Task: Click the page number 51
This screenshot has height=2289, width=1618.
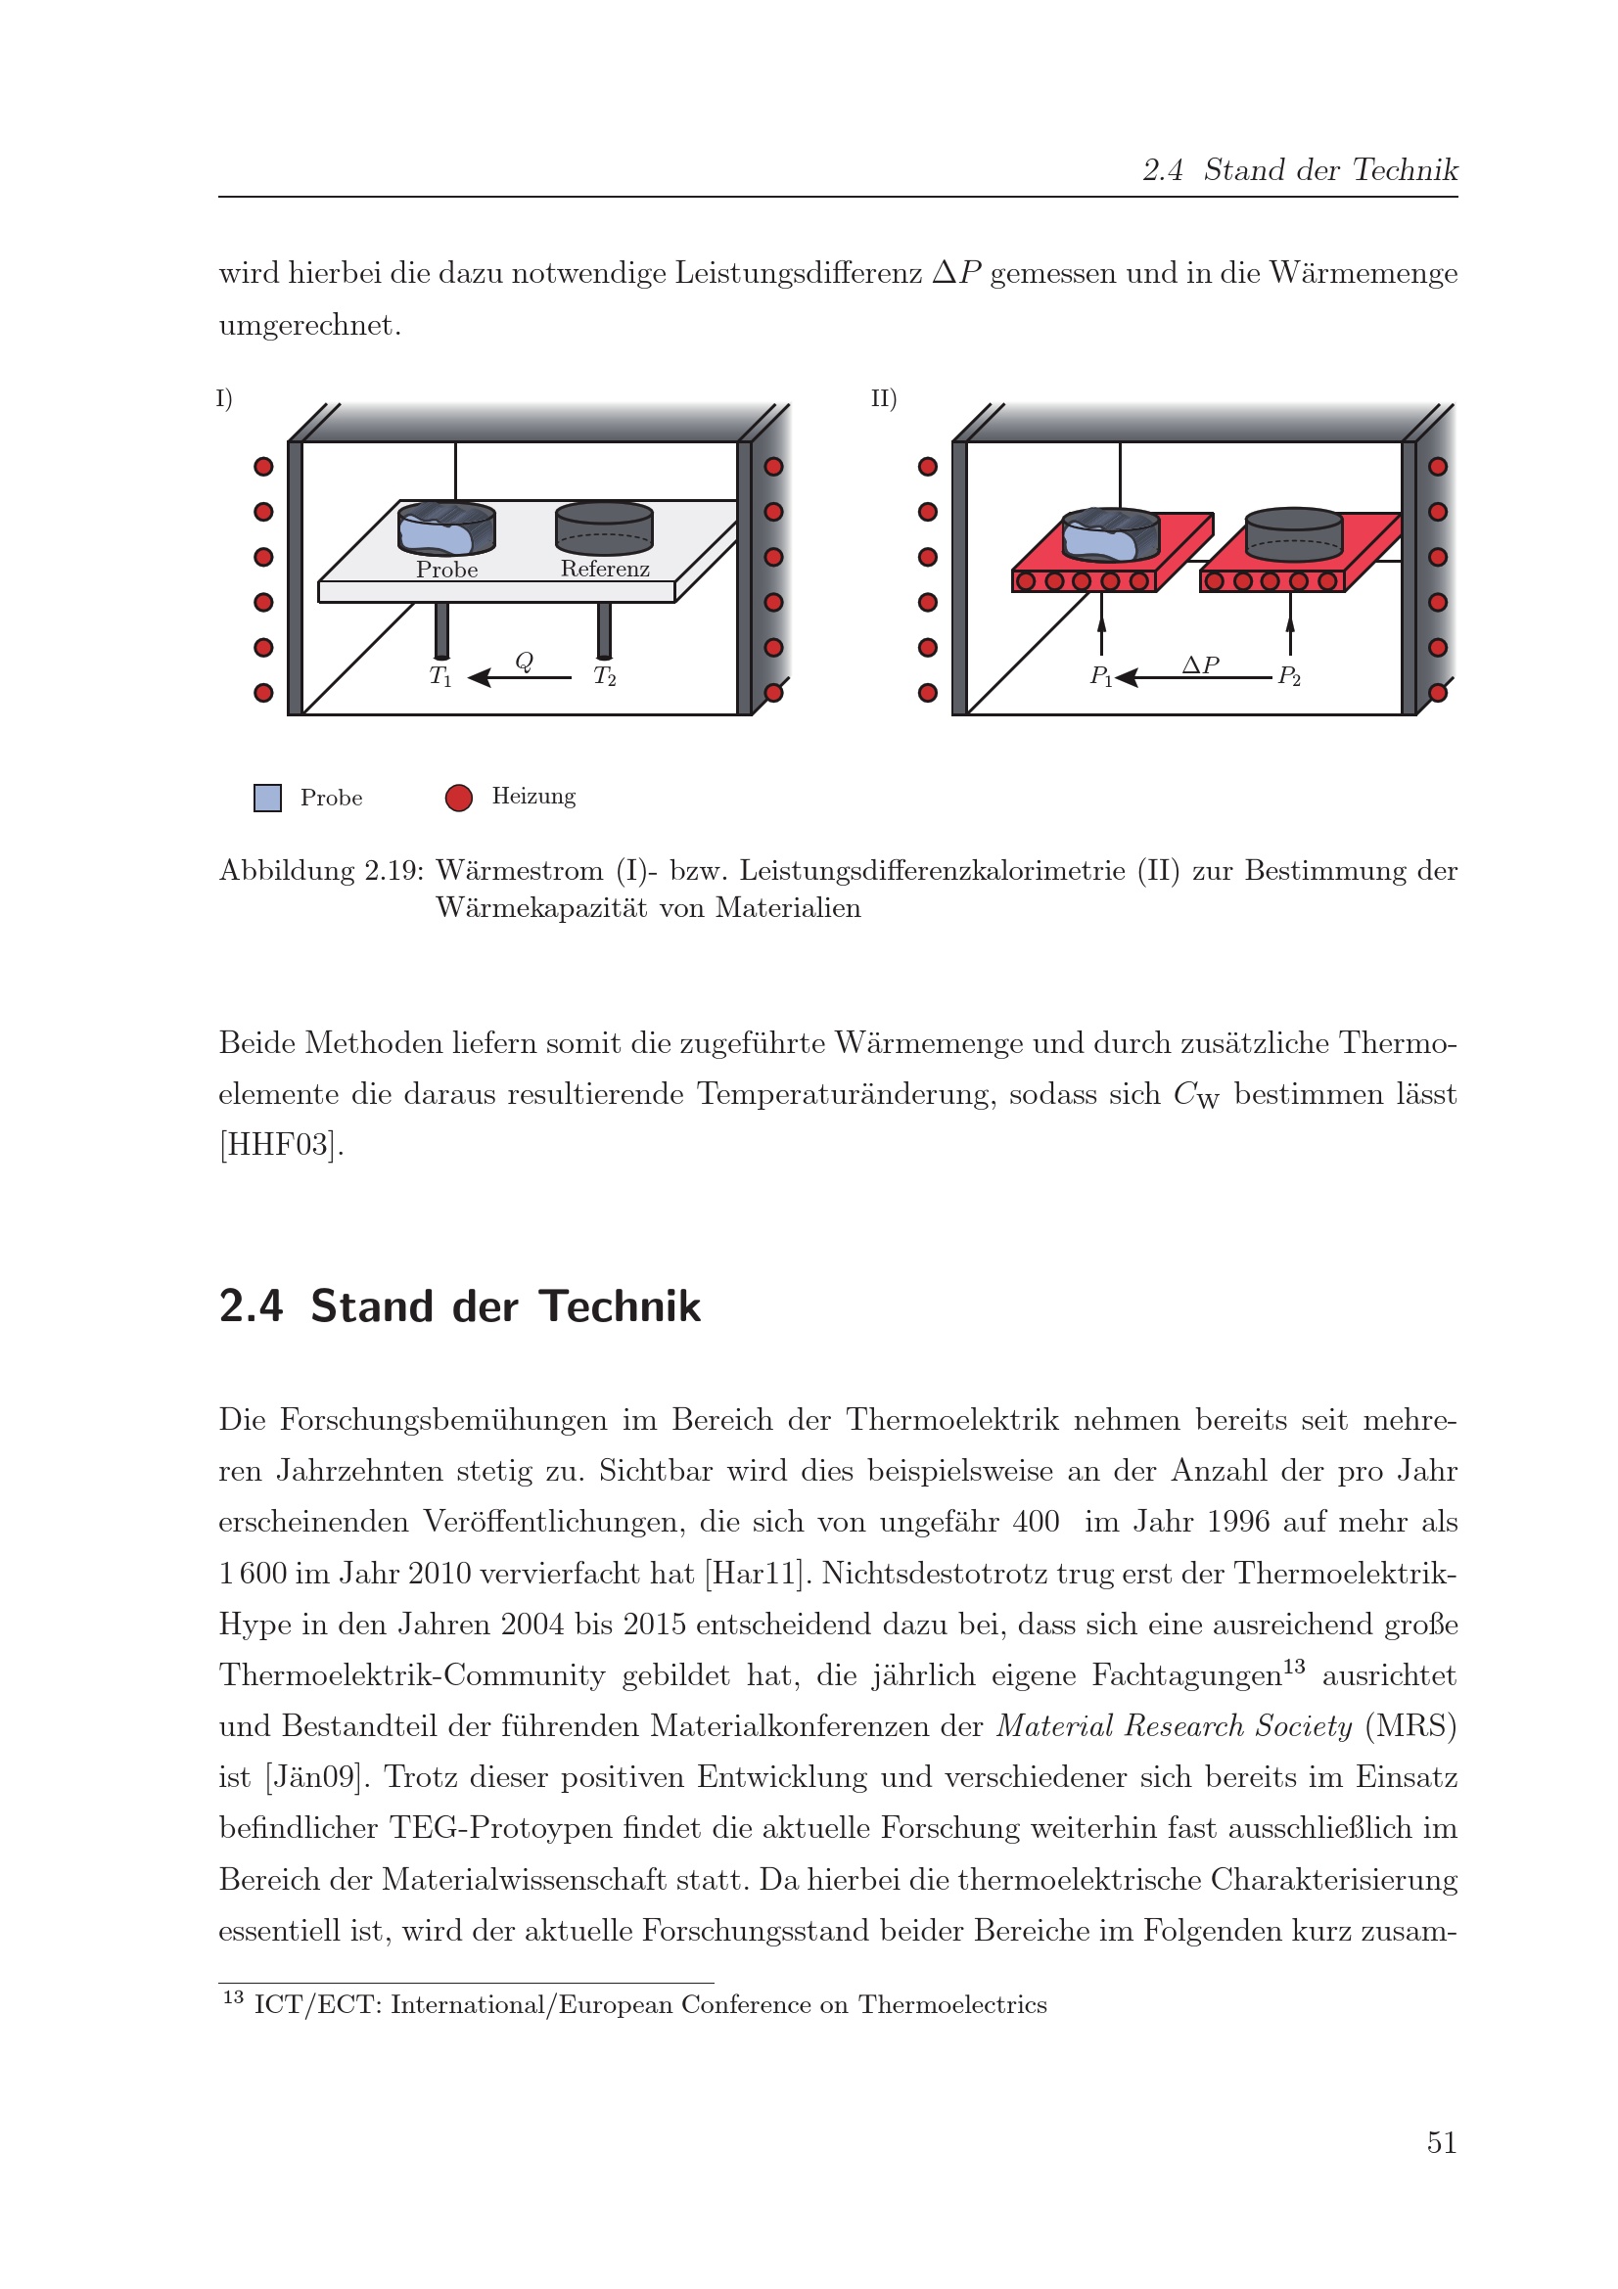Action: [1441, 2142]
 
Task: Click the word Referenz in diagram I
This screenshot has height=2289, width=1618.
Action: [604, 569]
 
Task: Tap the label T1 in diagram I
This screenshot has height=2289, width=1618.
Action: [439, 676]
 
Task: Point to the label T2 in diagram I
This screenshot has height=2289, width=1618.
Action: [604, 676]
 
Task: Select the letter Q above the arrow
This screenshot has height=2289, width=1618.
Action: [524, 661]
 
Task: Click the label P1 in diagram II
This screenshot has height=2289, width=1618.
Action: [1100, 676]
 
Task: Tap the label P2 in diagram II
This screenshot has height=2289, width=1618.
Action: [1289, 676]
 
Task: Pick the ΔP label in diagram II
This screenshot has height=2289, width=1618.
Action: [1200, 664]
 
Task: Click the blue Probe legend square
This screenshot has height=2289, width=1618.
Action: [267, 798]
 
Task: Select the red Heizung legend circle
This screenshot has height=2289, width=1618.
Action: [459, 798]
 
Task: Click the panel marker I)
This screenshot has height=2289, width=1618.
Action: [224, 398]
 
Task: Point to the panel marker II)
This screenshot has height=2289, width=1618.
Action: [883, 398]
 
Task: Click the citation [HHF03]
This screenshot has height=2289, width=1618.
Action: [281, 1145]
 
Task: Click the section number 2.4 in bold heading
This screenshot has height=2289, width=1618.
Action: [252, 1306]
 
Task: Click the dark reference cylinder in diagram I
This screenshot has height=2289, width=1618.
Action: [604, 527]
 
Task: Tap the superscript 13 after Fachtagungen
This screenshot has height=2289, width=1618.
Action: [1293, 1666]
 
